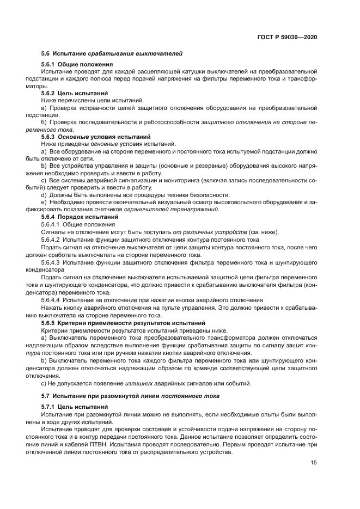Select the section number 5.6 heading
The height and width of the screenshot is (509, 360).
click(x=45, y=53)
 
